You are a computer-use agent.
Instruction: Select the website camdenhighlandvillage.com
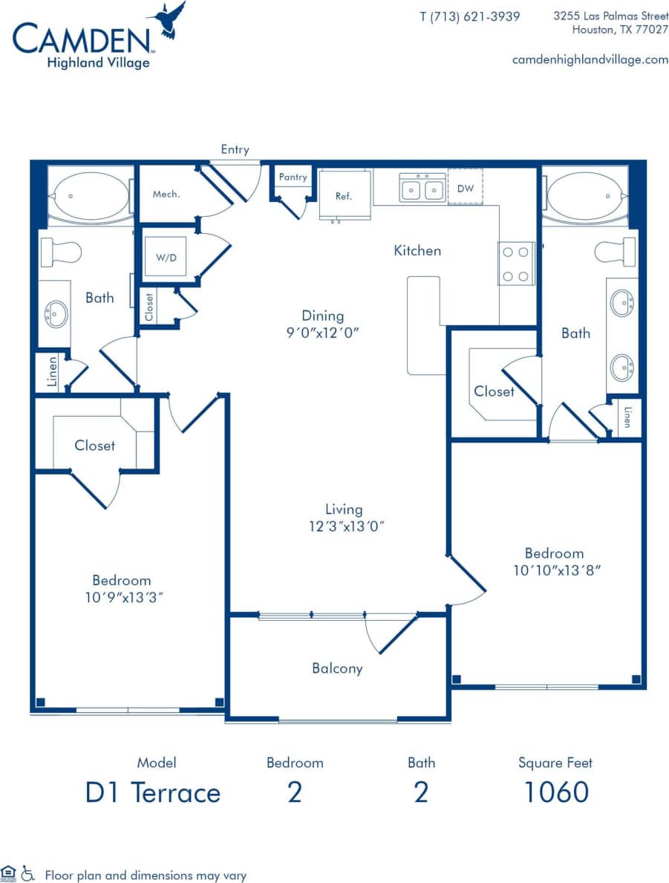(590, 59)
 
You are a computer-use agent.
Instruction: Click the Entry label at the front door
(235, 149)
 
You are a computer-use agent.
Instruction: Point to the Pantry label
(293, 177)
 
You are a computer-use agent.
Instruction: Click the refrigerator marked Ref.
(344, 195)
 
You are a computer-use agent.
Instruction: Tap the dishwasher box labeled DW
(466, 188)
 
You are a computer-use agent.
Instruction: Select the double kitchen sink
(422, 188)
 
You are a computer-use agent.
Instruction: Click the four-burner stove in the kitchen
(517, 263)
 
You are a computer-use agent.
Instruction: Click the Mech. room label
(166, 194)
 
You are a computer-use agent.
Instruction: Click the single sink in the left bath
(55, 313)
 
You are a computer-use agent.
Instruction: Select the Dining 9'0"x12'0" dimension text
(322, 325)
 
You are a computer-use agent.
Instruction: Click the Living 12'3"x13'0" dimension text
(344, 518)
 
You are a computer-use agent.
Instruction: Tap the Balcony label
(337, 668)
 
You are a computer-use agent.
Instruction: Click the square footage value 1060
(556, 792)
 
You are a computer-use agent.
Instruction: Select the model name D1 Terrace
(153, 792)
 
